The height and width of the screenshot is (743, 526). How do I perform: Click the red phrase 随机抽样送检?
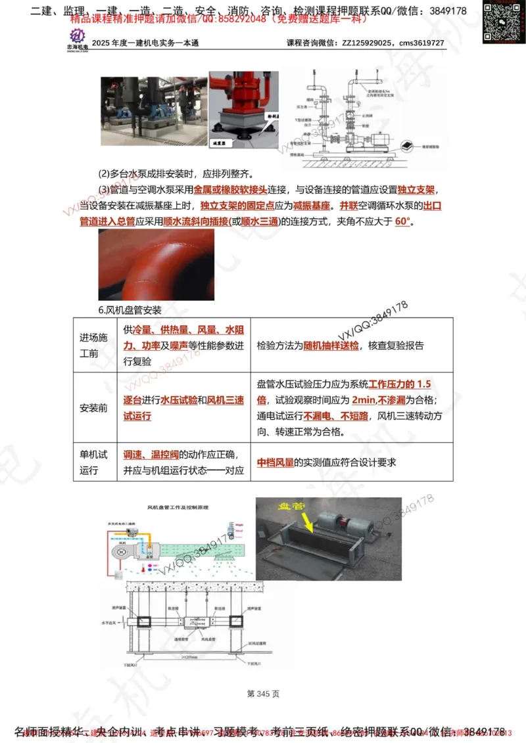point(331,346)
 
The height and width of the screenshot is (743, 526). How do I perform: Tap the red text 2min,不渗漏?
point(378,400)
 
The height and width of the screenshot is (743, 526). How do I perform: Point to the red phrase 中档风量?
point(275,462)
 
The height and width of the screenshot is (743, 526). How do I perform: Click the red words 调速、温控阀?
point(151,455)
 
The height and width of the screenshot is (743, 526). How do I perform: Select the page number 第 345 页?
point(263,694)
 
